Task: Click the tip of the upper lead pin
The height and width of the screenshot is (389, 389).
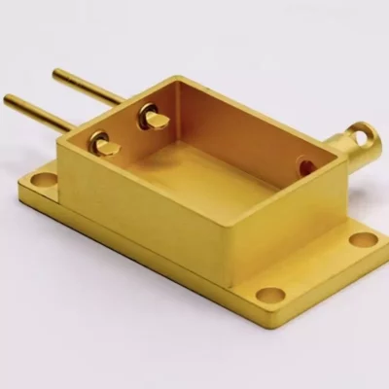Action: pyautogui.click(x=55, y=72)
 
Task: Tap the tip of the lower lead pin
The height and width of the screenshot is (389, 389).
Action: pyautogui.click(x=8, y=98)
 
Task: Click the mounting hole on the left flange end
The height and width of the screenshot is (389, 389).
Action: pyautogui.click(x=44, y=178)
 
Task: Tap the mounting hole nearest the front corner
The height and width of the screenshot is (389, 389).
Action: pyautogui.click(x=270, y=294)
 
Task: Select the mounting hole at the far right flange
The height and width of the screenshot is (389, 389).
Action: pyautogui.click(x=362, y=239)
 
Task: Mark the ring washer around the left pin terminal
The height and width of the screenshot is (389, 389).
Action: pyautogui.click(x=98, y=144)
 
